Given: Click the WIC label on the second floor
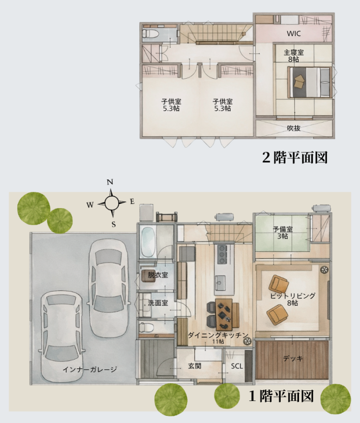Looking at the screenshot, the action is coord(294,34).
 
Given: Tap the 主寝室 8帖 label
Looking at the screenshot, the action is coord(294,56).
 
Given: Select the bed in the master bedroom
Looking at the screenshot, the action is coord(310,82).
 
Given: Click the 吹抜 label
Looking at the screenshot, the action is coord(294,128).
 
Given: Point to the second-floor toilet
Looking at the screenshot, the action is coord(147,34).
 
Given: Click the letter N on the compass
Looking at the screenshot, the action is coord(109,182).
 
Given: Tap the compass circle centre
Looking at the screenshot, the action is coord(111,203).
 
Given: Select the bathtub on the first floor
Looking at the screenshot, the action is coord(148,242).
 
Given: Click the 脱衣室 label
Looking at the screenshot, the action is coord(158,275).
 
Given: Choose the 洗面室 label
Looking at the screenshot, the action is coord(158,303).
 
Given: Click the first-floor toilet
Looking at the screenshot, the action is coord(146,328).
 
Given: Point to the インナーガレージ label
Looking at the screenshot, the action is coord(90,369).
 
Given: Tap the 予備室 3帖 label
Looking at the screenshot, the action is coord(283,233).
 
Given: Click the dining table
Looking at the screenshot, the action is coord(224,314).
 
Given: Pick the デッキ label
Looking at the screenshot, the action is coord(293,359).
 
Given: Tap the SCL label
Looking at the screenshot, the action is coord(237,366).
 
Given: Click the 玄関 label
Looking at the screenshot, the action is coord(195,366).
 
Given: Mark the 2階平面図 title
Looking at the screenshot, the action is coord(295,157).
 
